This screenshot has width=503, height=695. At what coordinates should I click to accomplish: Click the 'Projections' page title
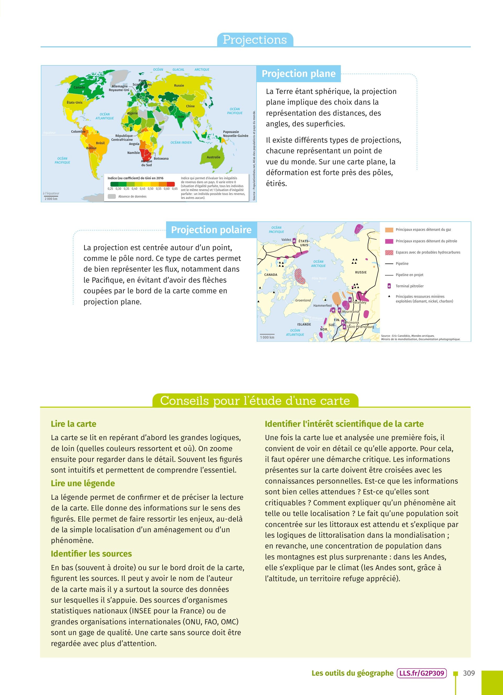(x=255, y=40)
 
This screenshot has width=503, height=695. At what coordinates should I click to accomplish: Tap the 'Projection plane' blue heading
(x=298, y=74)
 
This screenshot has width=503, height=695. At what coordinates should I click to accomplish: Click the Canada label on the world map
(x=79, y=87)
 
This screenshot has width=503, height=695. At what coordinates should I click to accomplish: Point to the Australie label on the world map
(x=214, y=157)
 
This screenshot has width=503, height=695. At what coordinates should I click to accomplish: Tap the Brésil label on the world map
(x=100, y=143)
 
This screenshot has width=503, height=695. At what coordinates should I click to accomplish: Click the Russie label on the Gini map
(x=179, y=86)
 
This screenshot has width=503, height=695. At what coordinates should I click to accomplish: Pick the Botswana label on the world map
(x=161, y=158)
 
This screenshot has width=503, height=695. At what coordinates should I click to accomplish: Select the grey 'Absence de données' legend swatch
(x=112, y=197)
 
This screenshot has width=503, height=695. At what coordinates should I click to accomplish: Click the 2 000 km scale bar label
(x=51, y=199)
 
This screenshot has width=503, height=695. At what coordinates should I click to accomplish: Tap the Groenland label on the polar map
(x=303, y=300)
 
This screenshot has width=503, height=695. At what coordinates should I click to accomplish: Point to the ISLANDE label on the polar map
(x=304, y=324)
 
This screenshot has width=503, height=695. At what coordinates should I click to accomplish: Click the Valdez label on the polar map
(x=286, y=240)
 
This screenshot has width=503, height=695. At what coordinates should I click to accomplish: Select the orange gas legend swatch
(x=389, y=230)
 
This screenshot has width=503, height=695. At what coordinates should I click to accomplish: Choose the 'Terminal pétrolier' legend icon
(x=389, y=286)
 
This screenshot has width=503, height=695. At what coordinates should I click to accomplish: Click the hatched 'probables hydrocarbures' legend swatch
(x=389, y=253)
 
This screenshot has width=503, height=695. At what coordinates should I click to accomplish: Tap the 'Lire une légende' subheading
(x=83, y=483)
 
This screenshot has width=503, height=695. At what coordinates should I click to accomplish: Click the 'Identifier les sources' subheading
(x=91, y=554)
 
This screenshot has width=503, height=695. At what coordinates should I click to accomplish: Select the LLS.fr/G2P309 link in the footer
(x=422, y=673)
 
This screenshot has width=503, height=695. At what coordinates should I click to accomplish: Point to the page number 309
(x=469, y=673)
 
